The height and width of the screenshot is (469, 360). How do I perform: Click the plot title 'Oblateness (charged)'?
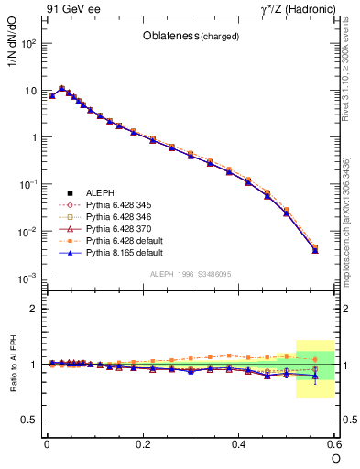pyautogui.click(x=191, y=37)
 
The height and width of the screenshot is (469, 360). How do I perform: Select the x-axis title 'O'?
pyautogui.click(x=334, y=457)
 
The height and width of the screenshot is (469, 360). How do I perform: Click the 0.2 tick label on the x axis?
pyautogui.click(x=142, y=443)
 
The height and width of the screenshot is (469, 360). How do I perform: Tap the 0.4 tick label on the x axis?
pyautogui.click(x=238, y=443)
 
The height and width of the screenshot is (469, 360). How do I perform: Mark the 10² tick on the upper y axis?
pyautogui.click(x=27, y=43)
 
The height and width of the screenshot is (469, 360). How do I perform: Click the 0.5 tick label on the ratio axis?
pyautogui.click(x=28, y=420)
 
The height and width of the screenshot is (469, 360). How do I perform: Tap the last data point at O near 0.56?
pyautogui.click(x=315, y=249)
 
